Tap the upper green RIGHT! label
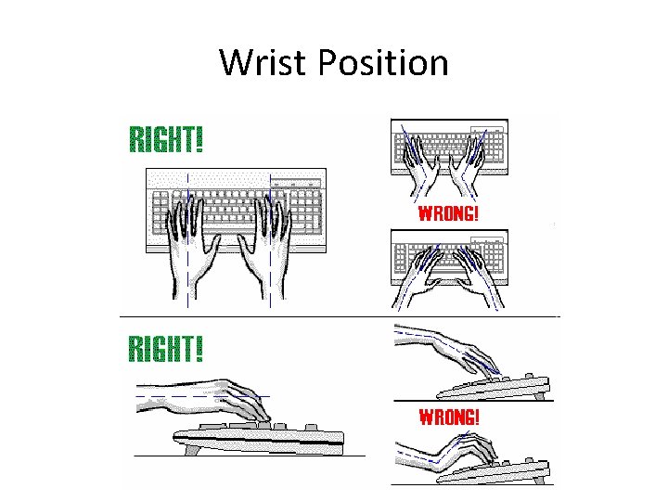(166, 140)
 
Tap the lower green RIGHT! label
(166, 350)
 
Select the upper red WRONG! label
(450, 213)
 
